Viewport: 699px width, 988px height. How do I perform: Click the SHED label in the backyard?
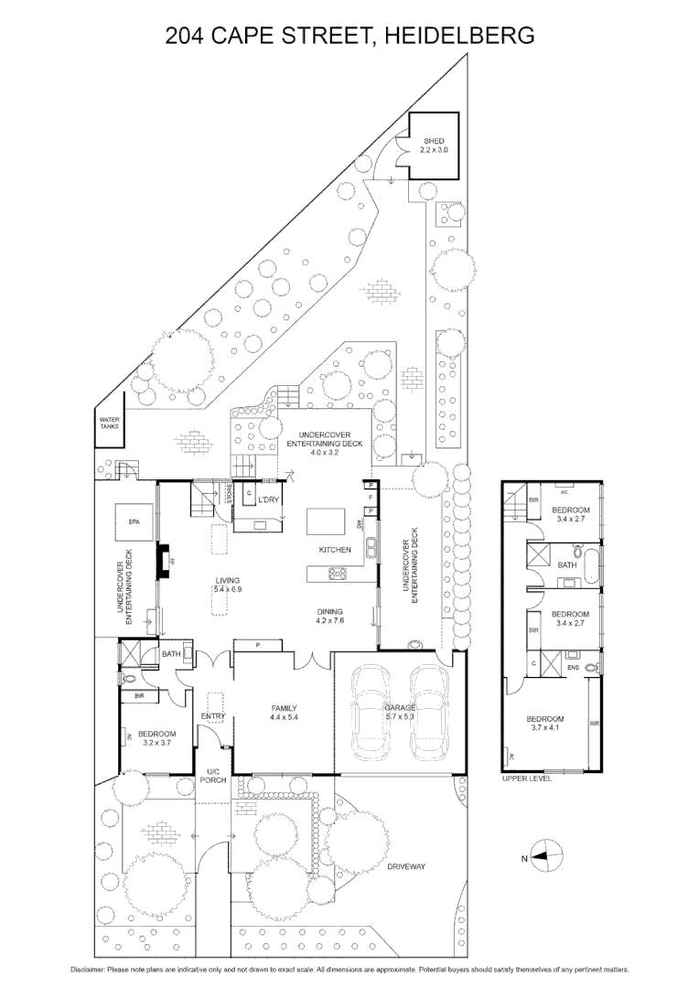(x=434, y=141)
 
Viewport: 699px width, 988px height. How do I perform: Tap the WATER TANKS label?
(x=110, y=424)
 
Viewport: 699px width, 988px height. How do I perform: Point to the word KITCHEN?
(x=335, y=550)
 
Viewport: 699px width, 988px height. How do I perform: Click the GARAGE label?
(x=400, y=707)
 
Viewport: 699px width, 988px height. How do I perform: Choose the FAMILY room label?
(x=285, y=708)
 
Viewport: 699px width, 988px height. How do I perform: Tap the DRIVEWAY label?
(x=405, y=865)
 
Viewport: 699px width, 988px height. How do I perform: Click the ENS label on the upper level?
(x=574, y=669)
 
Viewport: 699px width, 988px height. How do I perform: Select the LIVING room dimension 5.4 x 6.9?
(x=227, y=590)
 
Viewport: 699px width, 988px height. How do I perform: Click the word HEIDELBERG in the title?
(x=458, y=36)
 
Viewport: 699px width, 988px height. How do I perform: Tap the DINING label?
(x=329, y=612)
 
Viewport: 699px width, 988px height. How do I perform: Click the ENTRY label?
(x=213, y=716)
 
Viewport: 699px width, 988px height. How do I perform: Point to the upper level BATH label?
(x=567, y=565)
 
